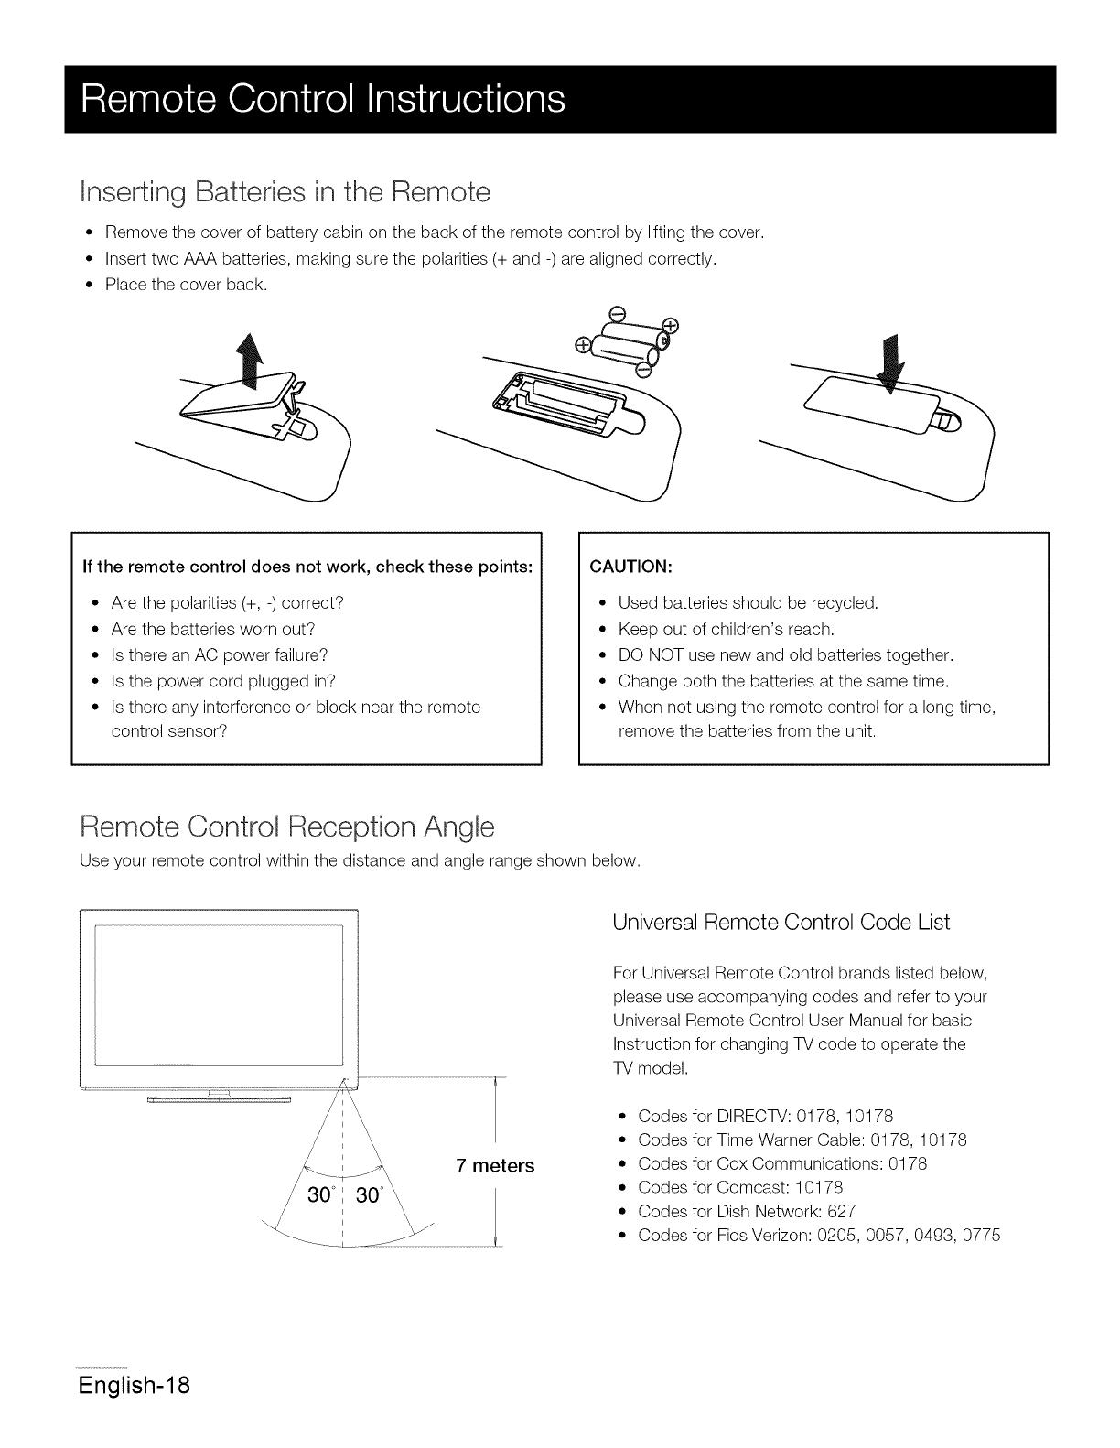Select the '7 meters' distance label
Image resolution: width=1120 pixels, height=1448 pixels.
[x=494, y=1166]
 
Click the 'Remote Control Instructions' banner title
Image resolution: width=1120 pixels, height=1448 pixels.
[x=323, y=99]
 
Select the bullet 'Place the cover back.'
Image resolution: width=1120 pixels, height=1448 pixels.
[x=186, y=285]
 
